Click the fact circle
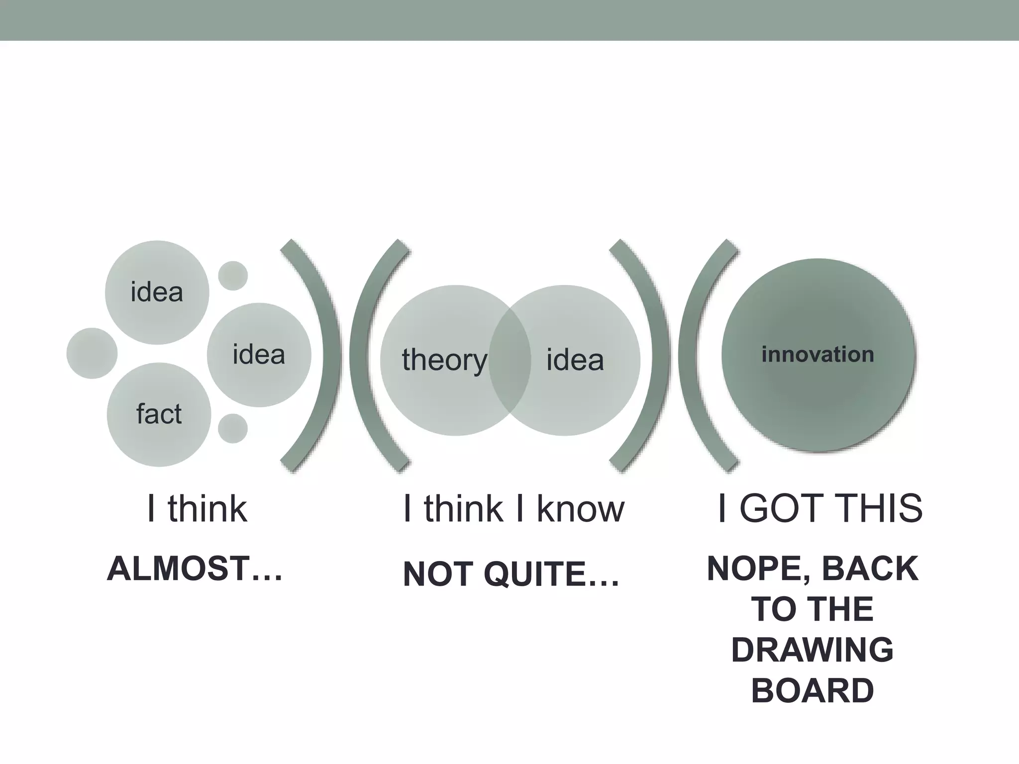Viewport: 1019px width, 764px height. point(159,414)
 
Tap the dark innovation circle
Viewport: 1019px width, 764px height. point(818,355)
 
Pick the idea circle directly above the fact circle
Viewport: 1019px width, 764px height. point(157,292)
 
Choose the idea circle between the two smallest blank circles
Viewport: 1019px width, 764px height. point(259,355)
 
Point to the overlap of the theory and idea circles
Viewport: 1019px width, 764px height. point(509,360)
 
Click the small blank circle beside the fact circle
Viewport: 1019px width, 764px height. point(233,428)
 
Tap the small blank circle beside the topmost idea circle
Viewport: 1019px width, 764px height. point(233,276)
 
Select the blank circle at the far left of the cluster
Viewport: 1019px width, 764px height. point(92,353)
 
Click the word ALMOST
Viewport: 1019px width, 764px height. point(178,569)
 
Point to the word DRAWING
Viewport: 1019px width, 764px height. point(812,650)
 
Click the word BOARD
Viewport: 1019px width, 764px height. point(812,691)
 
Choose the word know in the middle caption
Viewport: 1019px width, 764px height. point(580,509)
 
